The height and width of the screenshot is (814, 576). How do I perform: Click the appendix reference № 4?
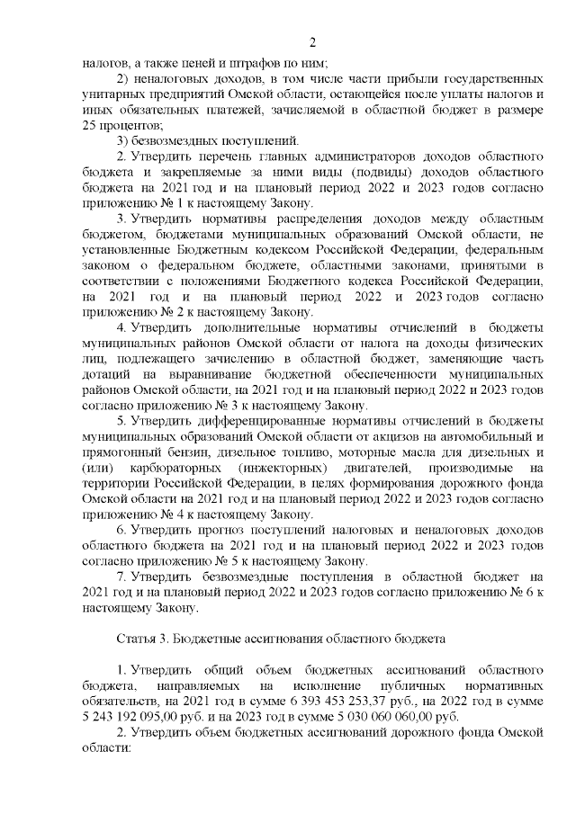pos(159,515)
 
